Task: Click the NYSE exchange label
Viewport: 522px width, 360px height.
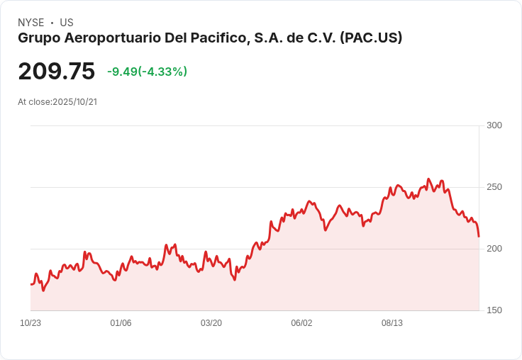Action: point(31,23)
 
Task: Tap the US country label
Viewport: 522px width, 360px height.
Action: point(67,23)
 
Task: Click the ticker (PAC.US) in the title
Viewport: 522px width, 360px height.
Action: point(371,38)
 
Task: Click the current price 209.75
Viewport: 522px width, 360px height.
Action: point(57,71)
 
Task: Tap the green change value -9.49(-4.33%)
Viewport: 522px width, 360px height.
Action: point(147,72)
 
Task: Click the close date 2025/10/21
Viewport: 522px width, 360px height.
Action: point(75,102)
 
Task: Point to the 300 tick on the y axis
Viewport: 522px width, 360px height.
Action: point(494,125)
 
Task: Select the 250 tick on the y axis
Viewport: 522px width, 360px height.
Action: point(494,187)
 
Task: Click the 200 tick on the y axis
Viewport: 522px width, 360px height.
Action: point(494,249)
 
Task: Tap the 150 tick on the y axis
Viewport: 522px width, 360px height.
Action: point(494,310)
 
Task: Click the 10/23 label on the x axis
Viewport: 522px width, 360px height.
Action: point(30,323)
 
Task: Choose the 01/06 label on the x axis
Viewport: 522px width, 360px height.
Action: point(121,323)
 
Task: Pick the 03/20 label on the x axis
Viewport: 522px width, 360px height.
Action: point(211,323)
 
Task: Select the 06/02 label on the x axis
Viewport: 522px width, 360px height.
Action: point(301,323)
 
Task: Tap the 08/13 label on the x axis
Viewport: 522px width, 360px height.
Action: point(391,323)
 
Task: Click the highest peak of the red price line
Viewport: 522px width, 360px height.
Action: point(428,179)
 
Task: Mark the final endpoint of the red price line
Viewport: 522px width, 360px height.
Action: point(479,237)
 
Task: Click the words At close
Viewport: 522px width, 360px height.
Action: point(35,102)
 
